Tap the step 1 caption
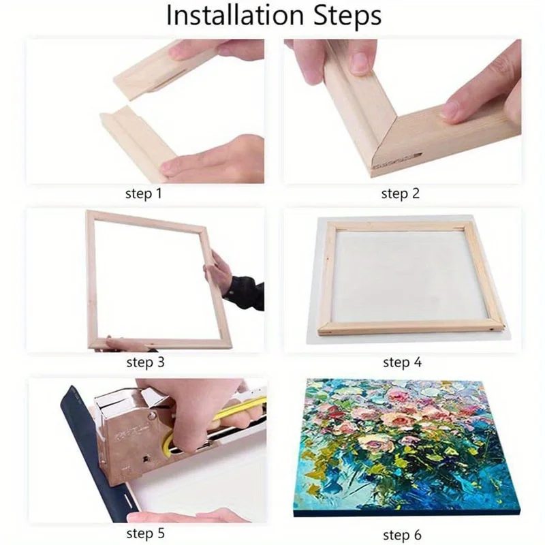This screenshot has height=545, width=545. pos(144,193)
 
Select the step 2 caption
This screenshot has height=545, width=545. pos(400,193)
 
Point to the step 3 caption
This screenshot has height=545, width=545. pos(145,362)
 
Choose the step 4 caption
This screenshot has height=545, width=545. pos(402,362)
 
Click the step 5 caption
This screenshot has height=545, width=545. pos(145,533)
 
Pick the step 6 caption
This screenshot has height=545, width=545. pos(402,534)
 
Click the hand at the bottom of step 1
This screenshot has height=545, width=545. pos(218,160)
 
